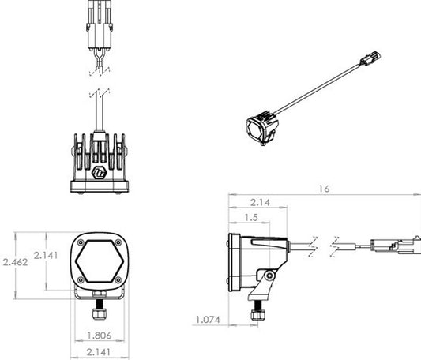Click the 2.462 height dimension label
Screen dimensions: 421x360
click(x=15, y=262)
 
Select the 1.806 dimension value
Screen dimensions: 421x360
click(x=99, y=335)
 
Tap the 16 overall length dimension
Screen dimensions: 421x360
click(x=324, y=189)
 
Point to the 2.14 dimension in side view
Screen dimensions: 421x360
click(x=260, y=202)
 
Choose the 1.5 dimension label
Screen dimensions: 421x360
click(x=251, y=217)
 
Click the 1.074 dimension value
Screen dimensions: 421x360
click(x=208, y=320)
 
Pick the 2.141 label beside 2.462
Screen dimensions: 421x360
click(x=46, y=255)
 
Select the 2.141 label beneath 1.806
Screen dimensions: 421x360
click(x=99, y=352)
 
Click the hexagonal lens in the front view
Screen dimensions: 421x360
click(x=99, y=261)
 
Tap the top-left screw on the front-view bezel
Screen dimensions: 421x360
click(x=81, y=243)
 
